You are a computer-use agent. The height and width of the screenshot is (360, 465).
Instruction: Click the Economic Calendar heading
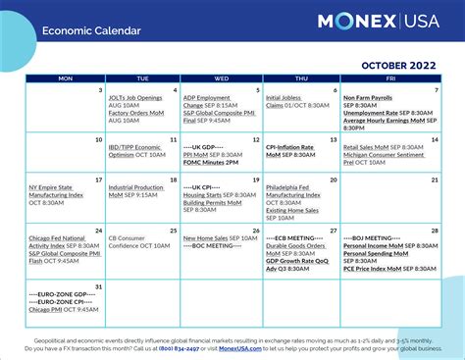pyautogui.click(x=91, y=30)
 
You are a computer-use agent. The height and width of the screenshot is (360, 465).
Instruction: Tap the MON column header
pyautogui.click(x=66, y=77)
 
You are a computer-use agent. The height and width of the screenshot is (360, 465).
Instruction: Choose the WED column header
pyautogui.click(x=221, y=77)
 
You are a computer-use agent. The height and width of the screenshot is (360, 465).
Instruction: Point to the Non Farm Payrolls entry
pyautogui.click(x=367, y=98)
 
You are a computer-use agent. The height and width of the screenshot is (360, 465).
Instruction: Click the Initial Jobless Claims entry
pyautogui.click(x=285, y=101)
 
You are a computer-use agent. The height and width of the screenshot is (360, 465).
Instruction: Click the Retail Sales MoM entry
pyautogui.click(x=366, y=146)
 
